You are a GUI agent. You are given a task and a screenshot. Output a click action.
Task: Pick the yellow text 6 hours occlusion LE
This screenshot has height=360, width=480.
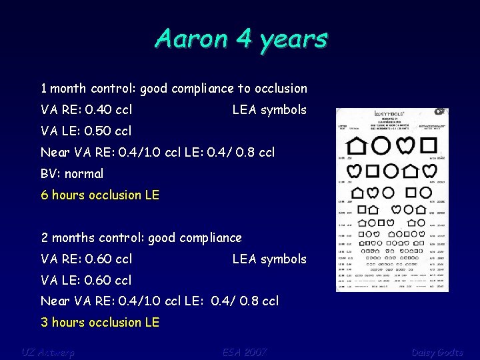(x=100, y=195)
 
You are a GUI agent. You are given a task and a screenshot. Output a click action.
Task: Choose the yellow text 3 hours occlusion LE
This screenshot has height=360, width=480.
(x=100, y=322)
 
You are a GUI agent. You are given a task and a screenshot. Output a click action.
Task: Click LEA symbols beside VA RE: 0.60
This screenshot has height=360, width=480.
(x=269, y=259)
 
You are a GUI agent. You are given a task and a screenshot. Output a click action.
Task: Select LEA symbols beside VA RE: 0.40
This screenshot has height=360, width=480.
(x=269, y=109)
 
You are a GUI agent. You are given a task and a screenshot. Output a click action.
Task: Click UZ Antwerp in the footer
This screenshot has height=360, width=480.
(x=47, y=351)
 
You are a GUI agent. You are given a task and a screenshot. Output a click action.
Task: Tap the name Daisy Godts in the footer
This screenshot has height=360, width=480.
(x=437, y=351)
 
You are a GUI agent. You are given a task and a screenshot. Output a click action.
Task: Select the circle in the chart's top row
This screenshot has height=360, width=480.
(x=382, y=145)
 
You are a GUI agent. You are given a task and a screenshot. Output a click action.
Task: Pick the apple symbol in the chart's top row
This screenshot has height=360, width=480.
(x=405, y=145)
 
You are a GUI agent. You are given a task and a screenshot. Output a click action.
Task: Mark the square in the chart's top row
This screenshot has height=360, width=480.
(x=429, y=145)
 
